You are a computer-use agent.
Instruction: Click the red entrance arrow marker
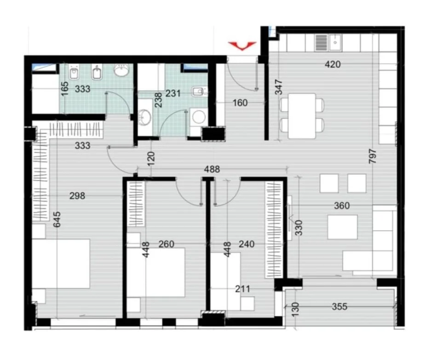pyautogui.click(x=242, y=45)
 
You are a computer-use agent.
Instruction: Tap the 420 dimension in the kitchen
pyautogui.click(x=333, y=64)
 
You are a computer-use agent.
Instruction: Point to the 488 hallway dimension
pyautogui.click(x=212, y=169)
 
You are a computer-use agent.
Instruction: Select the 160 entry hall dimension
pyautogui.click(x=240, y=103)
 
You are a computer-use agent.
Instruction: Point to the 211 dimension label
pyautogui.click(x=242, y=289)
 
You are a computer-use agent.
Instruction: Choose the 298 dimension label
pyautogui.click(x=77, y=196)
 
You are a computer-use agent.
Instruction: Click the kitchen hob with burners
pyautogui.click(x=321, y=43)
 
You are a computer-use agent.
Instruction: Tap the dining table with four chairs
pyautogui.click(x=302, y=116)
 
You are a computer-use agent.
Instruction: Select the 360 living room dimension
pyautogui.click(x=342, y=206)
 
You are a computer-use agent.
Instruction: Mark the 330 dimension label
pyautogui.click(x=299, y=228)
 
